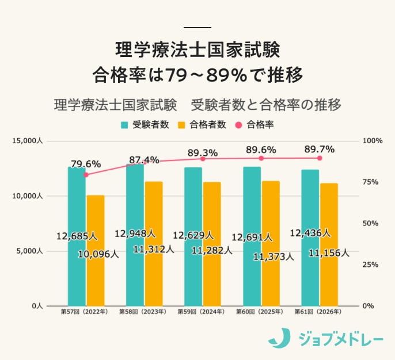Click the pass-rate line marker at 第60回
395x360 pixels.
pyautogui.click(x=261, y=158)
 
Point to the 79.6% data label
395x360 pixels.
pyautogui.click(x=86, y=164)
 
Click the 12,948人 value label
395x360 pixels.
pyautogui.click(x=135, y=233)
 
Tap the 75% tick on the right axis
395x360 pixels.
pyautogui.click(x=371, y=182)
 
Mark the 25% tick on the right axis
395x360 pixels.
pyautogui.click(x=371, y=265)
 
